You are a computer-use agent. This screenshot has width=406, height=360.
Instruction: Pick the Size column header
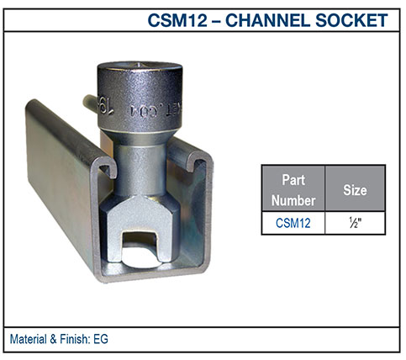(356, 190)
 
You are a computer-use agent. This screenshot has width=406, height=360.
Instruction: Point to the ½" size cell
(356, 223)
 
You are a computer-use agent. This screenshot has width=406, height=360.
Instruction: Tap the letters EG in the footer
(102, 340)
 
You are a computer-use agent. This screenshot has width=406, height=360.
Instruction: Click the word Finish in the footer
(75, 340)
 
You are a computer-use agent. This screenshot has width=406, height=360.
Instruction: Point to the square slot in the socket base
(136, 244)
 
